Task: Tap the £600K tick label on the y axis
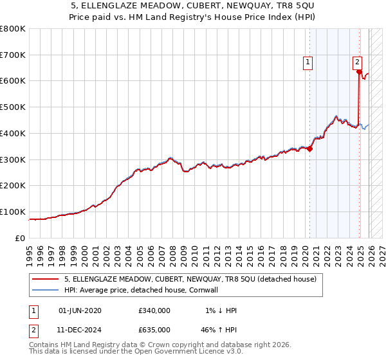coord(13,81)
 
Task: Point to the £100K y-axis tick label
coord(13,212)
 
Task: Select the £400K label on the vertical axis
coord(13,133)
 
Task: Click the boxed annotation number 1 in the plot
coord(308,62)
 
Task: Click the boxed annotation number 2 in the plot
coord(357,62)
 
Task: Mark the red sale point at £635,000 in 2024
coord(359,72)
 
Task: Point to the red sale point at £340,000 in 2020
coord(309,148)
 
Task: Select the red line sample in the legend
coord(45,280)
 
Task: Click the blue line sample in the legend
coord(45,290)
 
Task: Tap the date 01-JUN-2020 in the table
coord(80,310)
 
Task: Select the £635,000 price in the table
coord(154,329)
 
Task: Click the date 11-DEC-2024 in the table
coord(80,329)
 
